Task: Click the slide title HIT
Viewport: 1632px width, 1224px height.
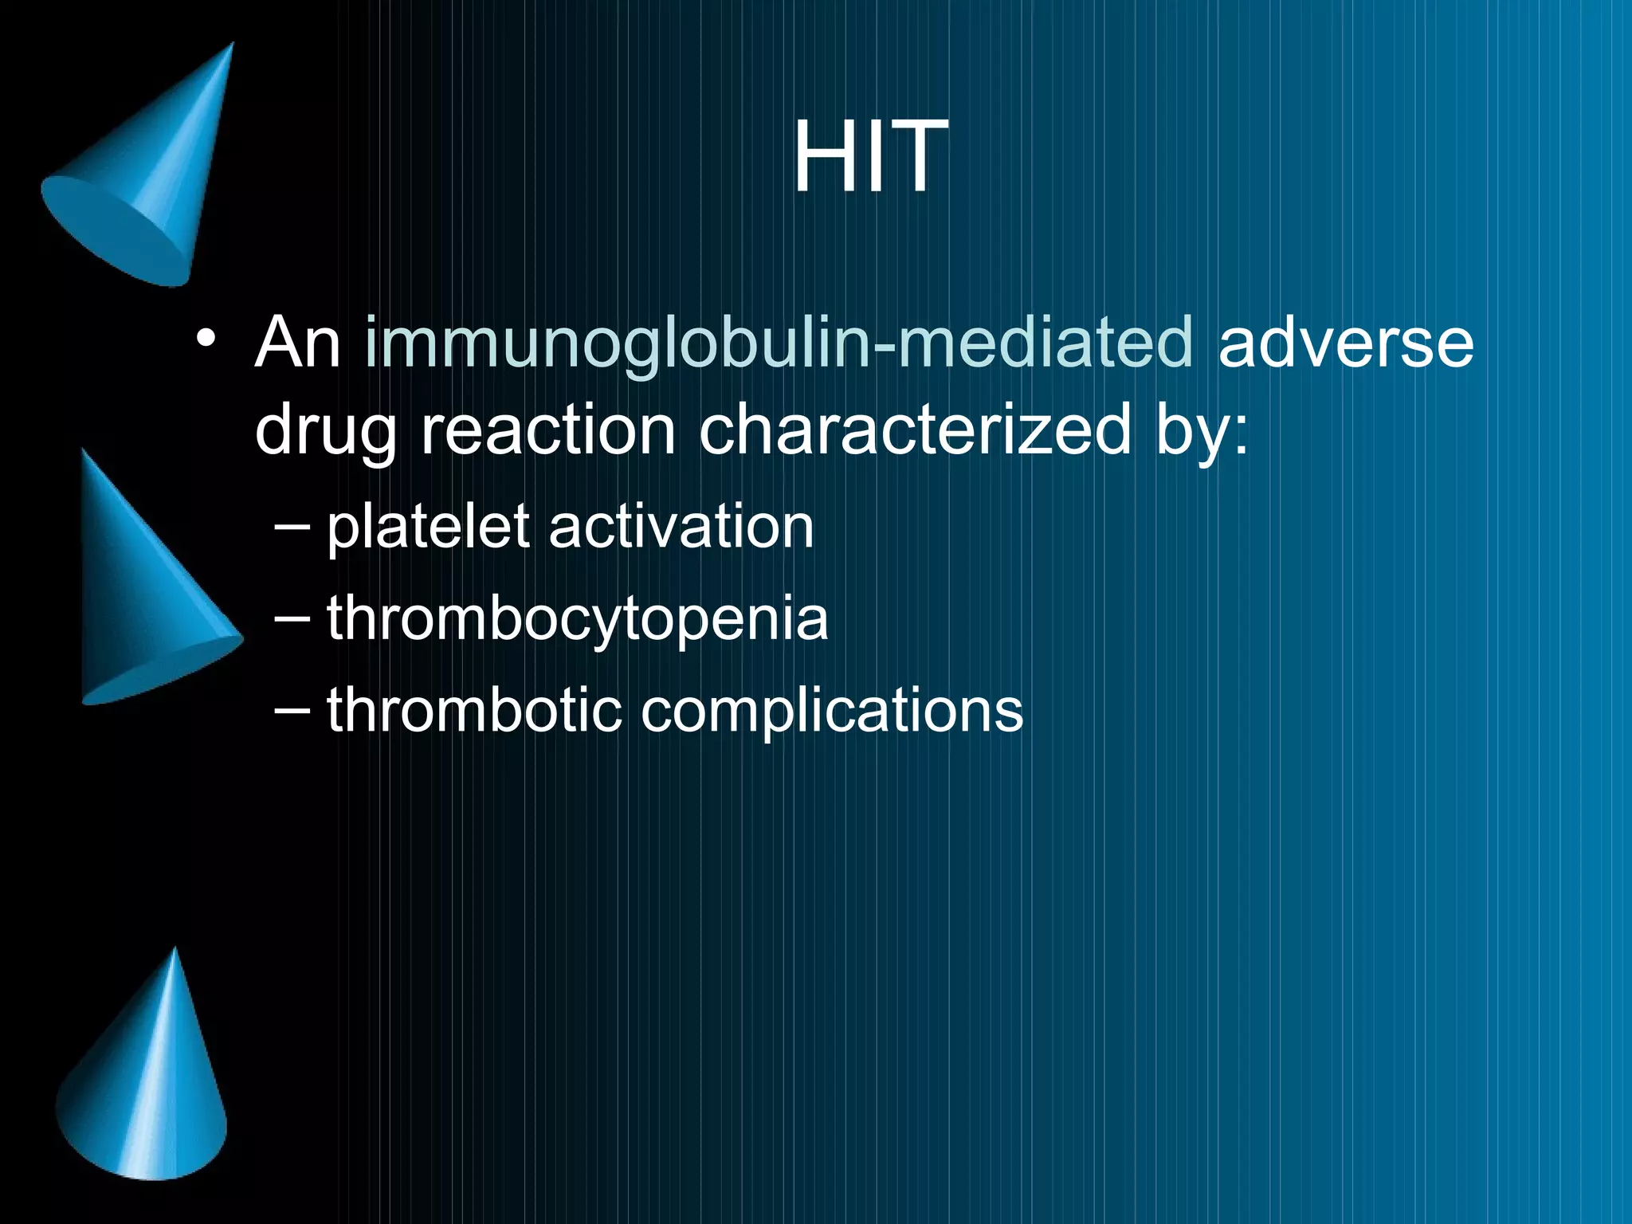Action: (x=870, y=156)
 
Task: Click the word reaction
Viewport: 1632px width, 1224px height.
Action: (x=548, y=430)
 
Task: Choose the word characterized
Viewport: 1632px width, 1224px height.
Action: (x=915, y=430)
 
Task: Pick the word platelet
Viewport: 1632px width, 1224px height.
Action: (x=428, y=528)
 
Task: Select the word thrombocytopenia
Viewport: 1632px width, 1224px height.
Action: (x=578, y=618)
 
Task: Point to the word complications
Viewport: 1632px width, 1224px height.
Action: (x=832, y=711)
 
